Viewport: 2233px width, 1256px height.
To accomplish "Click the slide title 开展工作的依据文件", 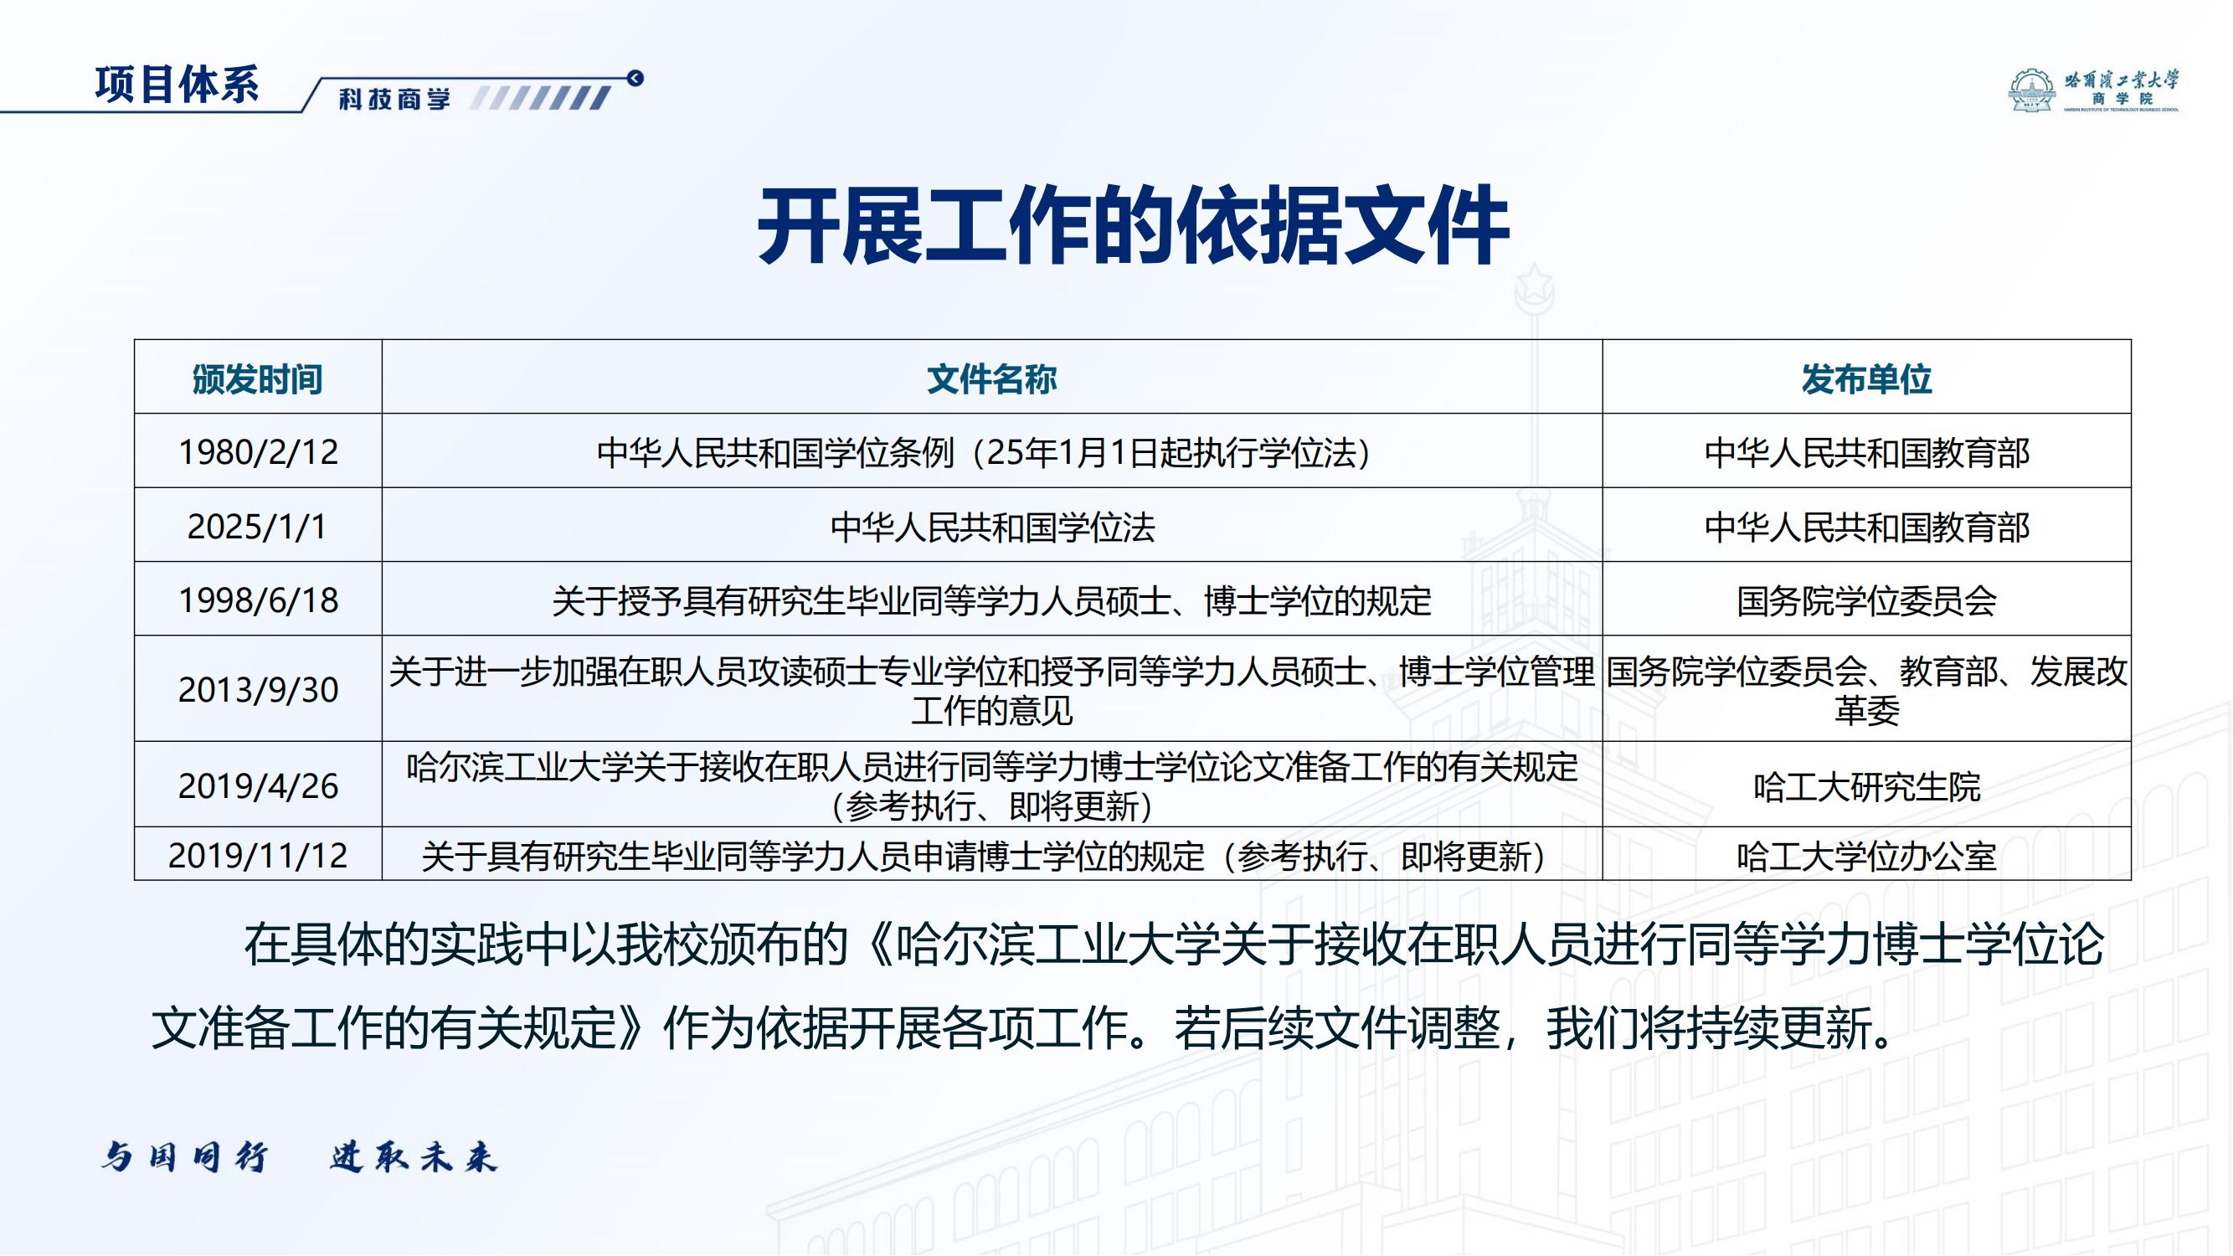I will (1133, 225).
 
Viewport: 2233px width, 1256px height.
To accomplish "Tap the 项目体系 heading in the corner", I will (177, 85).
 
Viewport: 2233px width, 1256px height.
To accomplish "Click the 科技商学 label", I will (394, 100).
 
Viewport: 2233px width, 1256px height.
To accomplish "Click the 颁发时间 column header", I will (257, 378).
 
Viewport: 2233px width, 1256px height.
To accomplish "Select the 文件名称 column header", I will (991, 378).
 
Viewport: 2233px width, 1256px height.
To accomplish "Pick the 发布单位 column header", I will (1866, 378).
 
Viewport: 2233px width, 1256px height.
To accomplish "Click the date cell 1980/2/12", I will (257, 452).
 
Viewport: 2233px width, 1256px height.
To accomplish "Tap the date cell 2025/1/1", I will (257, 526).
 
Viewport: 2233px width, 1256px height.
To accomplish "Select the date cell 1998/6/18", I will (257, 600).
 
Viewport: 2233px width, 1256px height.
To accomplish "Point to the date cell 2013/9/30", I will (257, 690).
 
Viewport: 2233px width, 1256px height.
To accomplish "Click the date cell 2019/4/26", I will (257, 786).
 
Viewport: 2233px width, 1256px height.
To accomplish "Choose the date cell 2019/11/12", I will (257, 856).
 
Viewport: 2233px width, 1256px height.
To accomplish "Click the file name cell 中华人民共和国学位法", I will (991, 527).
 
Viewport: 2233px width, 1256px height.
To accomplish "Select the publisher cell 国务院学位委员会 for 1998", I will (1866, 600).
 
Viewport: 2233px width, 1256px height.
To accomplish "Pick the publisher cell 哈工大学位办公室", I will (1866, 857).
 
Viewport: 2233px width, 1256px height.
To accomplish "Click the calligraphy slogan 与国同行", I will (183, 1157).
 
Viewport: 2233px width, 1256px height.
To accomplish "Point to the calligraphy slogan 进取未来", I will (413, 1157).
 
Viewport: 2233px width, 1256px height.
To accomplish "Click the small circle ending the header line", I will (635, 79).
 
